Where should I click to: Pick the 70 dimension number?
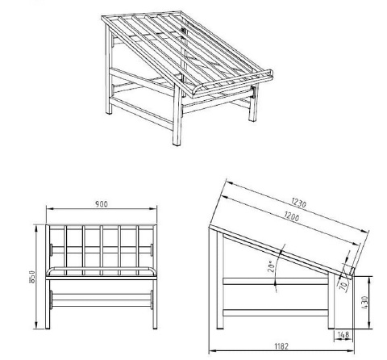pyautogui.click(x=345, y=283)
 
